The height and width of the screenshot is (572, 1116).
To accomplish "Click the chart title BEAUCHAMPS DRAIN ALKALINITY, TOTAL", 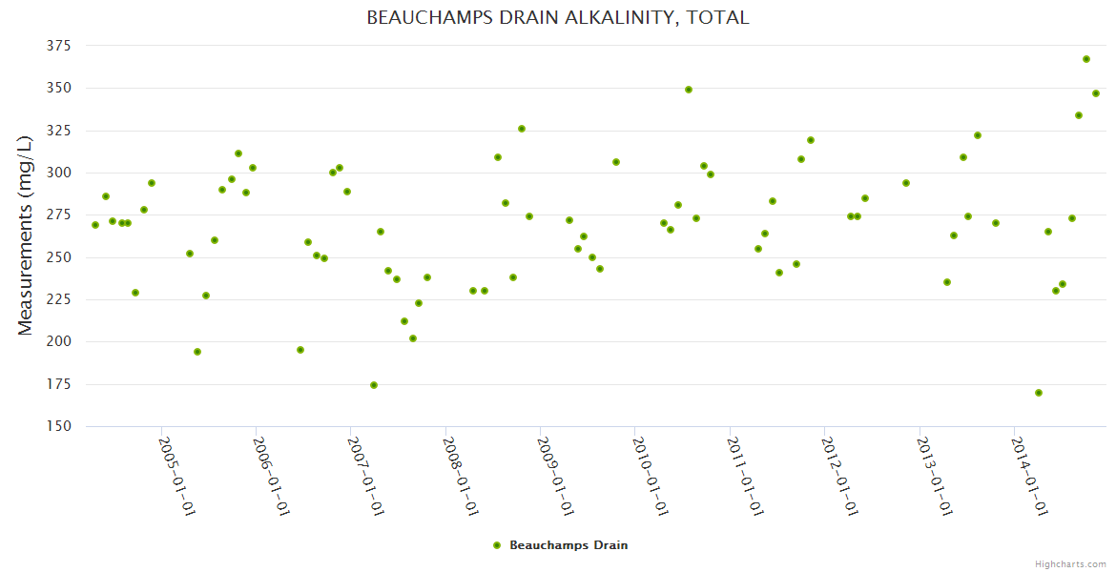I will tap(558, 18).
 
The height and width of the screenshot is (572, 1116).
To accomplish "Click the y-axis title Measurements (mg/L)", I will tap(26, 235).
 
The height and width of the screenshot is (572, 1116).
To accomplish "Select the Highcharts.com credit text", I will tap(1070, 563).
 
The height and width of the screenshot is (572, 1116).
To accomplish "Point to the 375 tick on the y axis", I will tap(60, 46).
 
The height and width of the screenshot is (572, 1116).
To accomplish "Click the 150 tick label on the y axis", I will tap(60, 426).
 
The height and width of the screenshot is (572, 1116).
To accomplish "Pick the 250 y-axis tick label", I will tap(60, 257).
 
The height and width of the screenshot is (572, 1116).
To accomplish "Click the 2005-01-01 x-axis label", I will tap(176, 476).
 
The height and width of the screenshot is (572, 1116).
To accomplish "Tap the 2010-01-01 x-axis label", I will tap(651, 476).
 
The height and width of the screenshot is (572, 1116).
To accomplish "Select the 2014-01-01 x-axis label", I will tap(1030, 476).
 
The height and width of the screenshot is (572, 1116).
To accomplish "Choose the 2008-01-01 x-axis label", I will tap(461, 476).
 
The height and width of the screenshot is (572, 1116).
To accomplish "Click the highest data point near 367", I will tap(1086, 59).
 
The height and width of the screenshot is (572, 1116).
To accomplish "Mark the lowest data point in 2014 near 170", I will tap(1039, 393).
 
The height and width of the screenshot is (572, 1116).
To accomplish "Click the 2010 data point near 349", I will tap(689, 90).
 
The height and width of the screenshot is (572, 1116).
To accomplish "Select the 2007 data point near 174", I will tap(374, 385).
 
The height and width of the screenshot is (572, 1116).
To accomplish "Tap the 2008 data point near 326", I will tap(522, 129).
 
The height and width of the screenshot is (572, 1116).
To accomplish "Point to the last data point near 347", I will tap(1096, 93).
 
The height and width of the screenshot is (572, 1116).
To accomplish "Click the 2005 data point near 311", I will tap(238, 153).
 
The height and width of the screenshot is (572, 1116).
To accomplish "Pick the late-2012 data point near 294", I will tap(906, 183).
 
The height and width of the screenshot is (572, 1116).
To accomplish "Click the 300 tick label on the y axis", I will tap(60, 173).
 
